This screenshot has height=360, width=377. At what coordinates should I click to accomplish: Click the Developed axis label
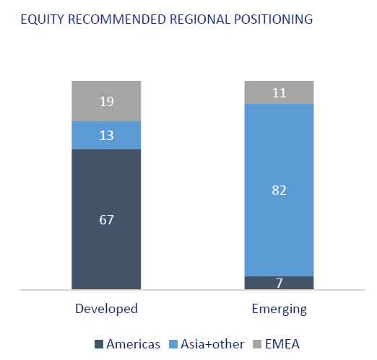point(106,309)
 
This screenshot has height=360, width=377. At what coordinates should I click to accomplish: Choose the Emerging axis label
point(279,309)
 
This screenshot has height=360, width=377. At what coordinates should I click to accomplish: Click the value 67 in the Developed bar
point(106,220)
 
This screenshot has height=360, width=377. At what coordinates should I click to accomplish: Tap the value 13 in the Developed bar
point(106,136)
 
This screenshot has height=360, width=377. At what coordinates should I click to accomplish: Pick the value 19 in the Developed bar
point(106,101)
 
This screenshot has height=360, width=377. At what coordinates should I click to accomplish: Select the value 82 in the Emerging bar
point(279,190)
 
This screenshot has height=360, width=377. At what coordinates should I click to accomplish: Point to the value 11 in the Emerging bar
point(279,93)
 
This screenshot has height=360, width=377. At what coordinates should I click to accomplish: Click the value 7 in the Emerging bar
point(279,284)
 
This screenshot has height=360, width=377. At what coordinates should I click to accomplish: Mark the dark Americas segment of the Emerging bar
point(279,283)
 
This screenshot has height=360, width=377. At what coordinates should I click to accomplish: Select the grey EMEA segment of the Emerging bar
point(279,92)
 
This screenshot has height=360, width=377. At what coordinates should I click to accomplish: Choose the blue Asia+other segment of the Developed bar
point(106,135)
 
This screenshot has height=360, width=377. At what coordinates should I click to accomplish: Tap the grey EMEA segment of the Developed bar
point(106,101)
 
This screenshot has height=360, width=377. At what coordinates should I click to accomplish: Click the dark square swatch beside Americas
point(99,344)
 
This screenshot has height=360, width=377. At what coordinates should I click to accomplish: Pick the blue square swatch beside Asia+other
point(173,344)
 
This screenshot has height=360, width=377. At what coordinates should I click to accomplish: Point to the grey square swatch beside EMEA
point(257,344)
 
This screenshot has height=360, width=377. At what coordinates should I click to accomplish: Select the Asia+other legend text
point(212,344)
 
